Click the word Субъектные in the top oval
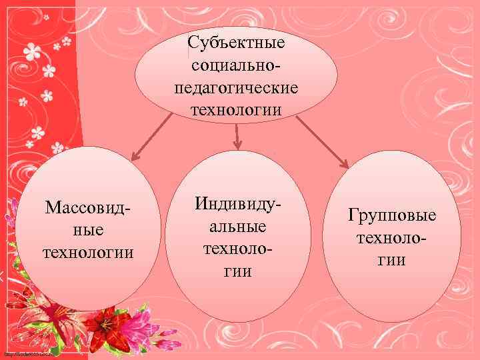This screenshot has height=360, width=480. [236, 43]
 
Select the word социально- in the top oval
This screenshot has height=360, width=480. [236, 65]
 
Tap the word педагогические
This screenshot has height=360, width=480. [236, 87]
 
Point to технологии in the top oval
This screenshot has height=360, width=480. [236, 109]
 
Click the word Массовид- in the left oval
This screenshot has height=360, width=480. [87, 207]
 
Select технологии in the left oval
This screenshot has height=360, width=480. [88, 253]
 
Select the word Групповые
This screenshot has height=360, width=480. [392, 215]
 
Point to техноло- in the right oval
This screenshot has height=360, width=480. [392, 238]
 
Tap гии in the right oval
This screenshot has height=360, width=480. [392, 260]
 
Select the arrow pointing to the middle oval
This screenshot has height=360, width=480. [237, 136]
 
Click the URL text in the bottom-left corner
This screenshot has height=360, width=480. [27, 353]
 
